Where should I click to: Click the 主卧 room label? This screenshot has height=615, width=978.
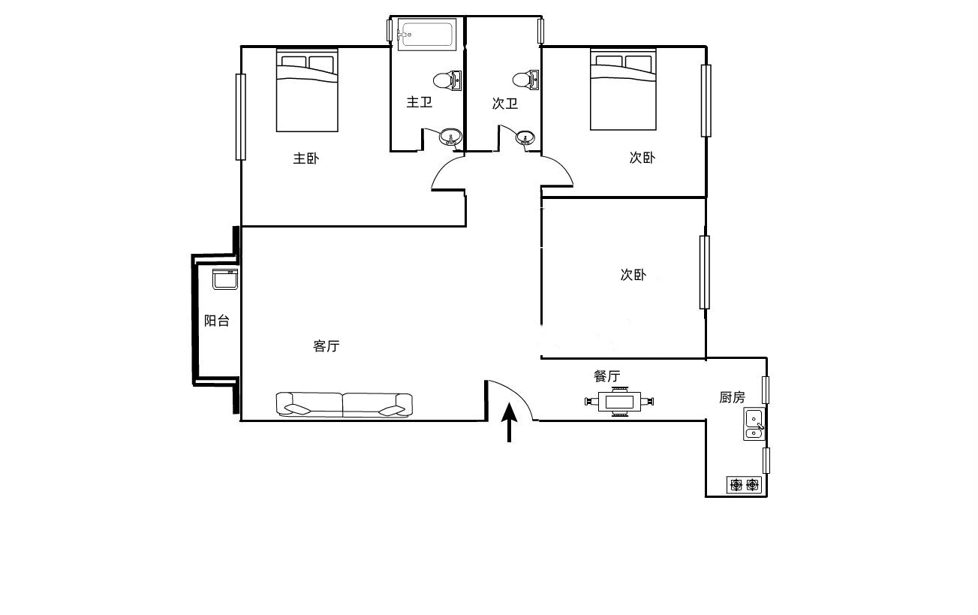click(x=305, y=158)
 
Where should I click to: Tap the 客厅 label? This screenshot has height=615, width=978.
click(x=327, y=346)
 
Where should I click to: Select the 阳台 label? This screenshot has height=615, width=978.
click(x=217, y=321)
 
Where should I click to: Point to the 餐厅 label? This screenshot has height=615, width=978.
click(x=607, y=375)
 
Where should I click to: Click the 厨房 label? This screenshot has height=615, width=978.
click(x=733, y=397)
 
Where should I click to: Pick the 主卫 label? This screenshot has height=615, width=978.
click(x=419, y=102)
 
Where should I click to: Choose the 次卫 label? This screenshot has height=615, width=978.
click(x=504, y=104)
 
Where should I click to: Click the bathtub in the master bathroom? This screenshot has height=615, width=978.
click(x=427, y=32)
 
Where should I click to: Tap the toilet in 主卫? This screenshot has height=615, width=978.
click(x=447, y=81)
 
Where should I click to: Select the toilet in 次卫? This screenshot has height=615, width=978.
click(x=525, y=80)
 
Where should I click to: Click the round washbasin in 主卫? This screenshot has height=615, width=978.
click(x=450, y=137)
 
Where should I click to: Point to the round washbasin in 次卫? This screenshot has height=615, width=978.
click(x=525, y=137)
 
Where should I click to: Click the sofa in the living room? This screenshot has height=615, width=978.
click(x=344, y=405)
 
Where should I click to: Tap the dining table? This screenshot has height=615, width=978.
click(x=619, y=401)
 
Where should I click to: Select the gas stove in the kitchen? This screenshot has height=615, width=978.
click(x=745, y=485)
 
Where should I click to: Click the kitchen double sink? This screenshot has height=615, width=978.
click(x=754, y=424)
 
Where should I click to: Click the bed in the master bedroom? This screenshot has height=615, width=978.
click(x=307, y=90)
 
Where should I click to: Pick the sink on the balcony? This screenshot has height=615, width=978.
click(x=225, y=279)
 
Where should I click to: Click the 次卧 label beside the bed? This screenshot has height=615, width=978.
click(x=642, y=157)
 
